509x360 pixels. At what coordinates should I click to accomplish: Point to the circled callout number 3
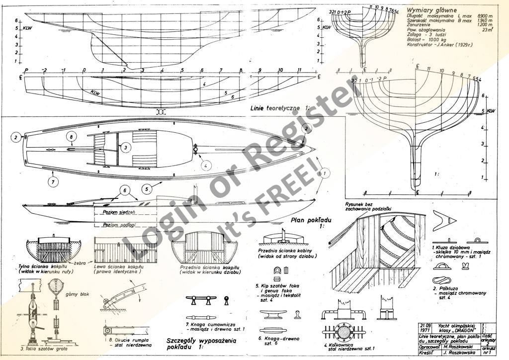[x=126, y=147]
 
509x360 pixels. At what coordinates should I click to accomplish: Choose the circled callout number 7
[x=53, y=182]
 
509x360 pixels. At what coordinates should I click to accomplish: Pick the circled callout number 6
[x=126, y=190]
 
